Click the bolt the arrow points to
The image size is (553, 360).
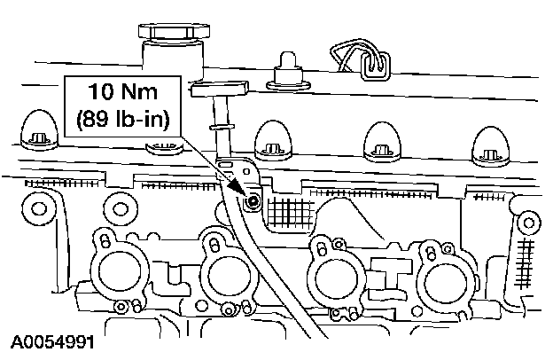[253, 202]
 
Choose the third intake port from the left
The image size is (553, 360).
[333, 270]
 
